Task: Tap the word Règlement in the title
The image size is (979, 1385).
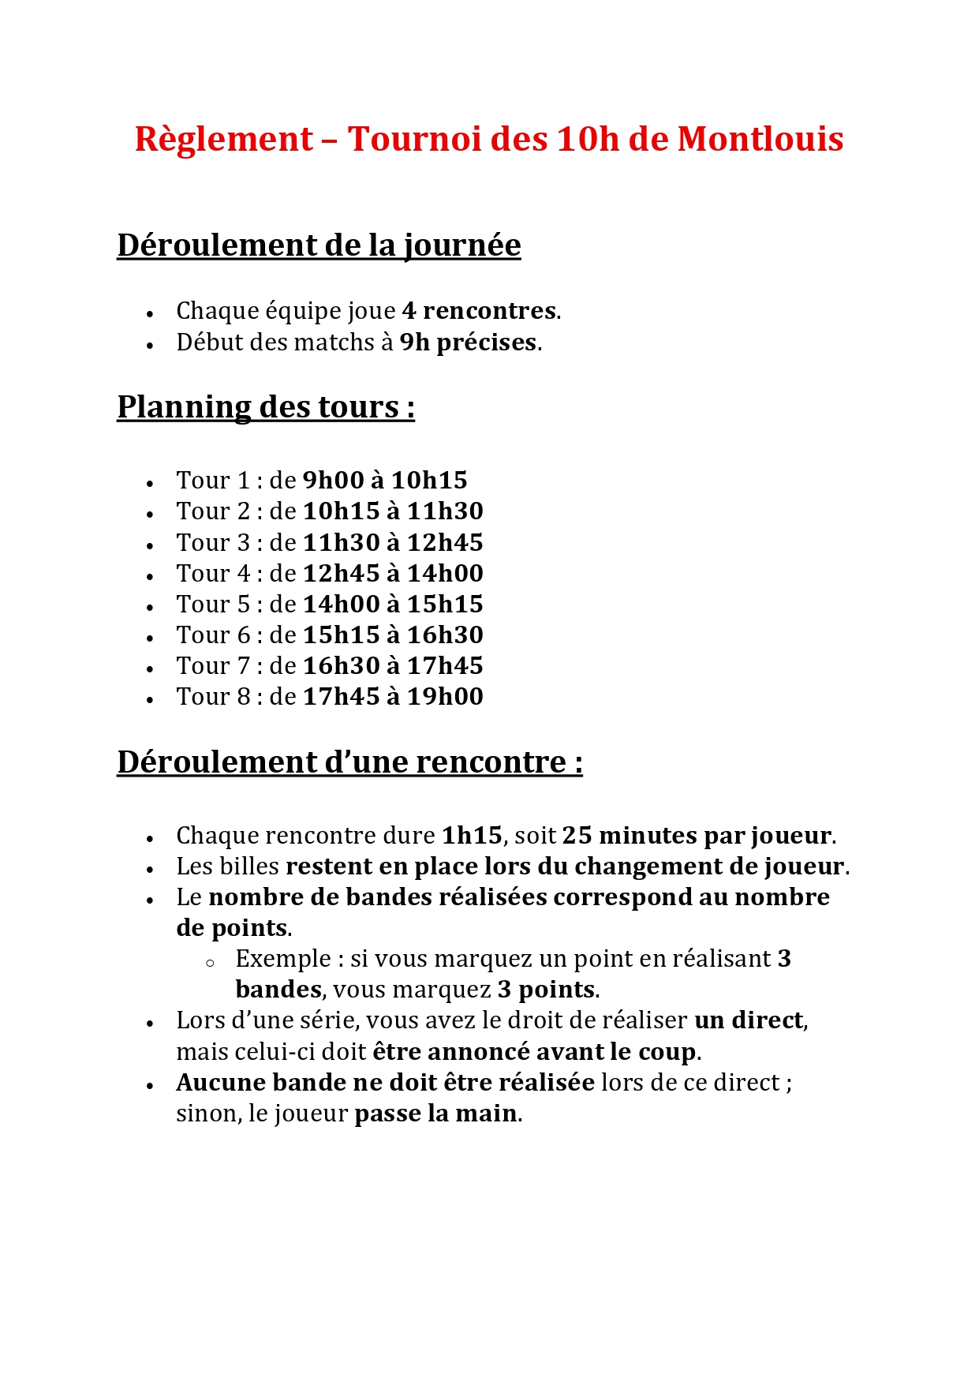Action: (224, 139)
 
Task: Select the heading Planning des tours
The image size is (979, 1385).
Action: (265, 407)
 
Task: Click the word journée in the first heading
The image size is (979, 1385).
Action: (462, 245)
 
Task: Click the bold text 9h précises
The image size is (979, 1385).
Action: (468, 343)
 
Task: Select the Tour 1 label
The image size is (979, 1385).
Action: (212, 481)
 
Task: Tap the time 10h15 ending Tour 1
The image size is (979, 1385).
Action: (429, 481)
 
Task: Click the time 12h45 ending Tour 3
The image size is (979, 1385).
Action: (445, 543)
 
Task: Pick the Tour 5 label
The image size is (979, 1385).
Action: (212, 605)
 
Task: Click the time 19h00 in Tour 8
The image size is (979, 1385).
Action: (445, 697)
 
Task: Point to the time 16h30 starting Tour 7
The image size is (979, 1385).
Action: (342, 666)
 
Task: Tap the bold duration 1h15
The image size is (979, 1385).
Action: (472, 836)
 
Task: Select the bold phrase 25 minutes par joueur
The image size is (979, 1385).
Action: (697, 836)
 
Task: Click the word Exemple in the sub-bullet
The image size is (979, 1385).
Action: (283, 959)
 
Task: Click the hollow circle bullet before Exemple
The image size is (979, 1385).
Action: (210, 963)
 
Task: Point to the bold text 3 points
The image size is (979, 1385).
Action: (546, 990)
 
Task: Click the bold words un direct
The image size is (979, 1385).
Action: (749, 1020)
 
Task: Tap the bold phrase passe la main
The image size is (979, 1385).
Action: (435, 1114)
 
